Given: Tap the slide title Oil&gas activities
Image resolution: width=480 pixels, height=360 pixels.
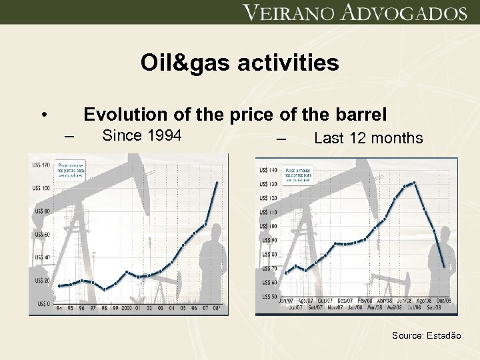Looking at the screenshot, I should click(x=239, y=63).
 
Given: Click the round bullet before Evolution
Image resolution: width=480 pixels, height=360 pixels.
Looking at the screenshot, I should click(x=43, y=114).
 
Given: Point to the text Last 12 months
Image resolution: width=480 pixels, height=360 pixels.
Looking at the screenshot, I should click(x=368, y=138).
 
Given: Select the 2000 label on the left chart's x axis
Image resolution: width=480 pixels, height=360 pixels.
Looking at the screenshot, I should click(x=126, y=309).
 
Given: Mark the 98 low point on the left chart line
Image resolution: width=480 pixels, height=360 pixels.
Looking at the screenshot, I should click(x=104, y=289).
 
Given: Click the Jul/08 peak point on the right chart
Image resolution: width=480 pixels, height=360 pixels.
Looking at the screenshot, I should click(x=414, y=182).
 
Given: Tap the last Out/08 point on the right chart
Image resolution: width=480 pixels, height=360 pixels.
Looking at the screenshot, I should click(x=444, y=267).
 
